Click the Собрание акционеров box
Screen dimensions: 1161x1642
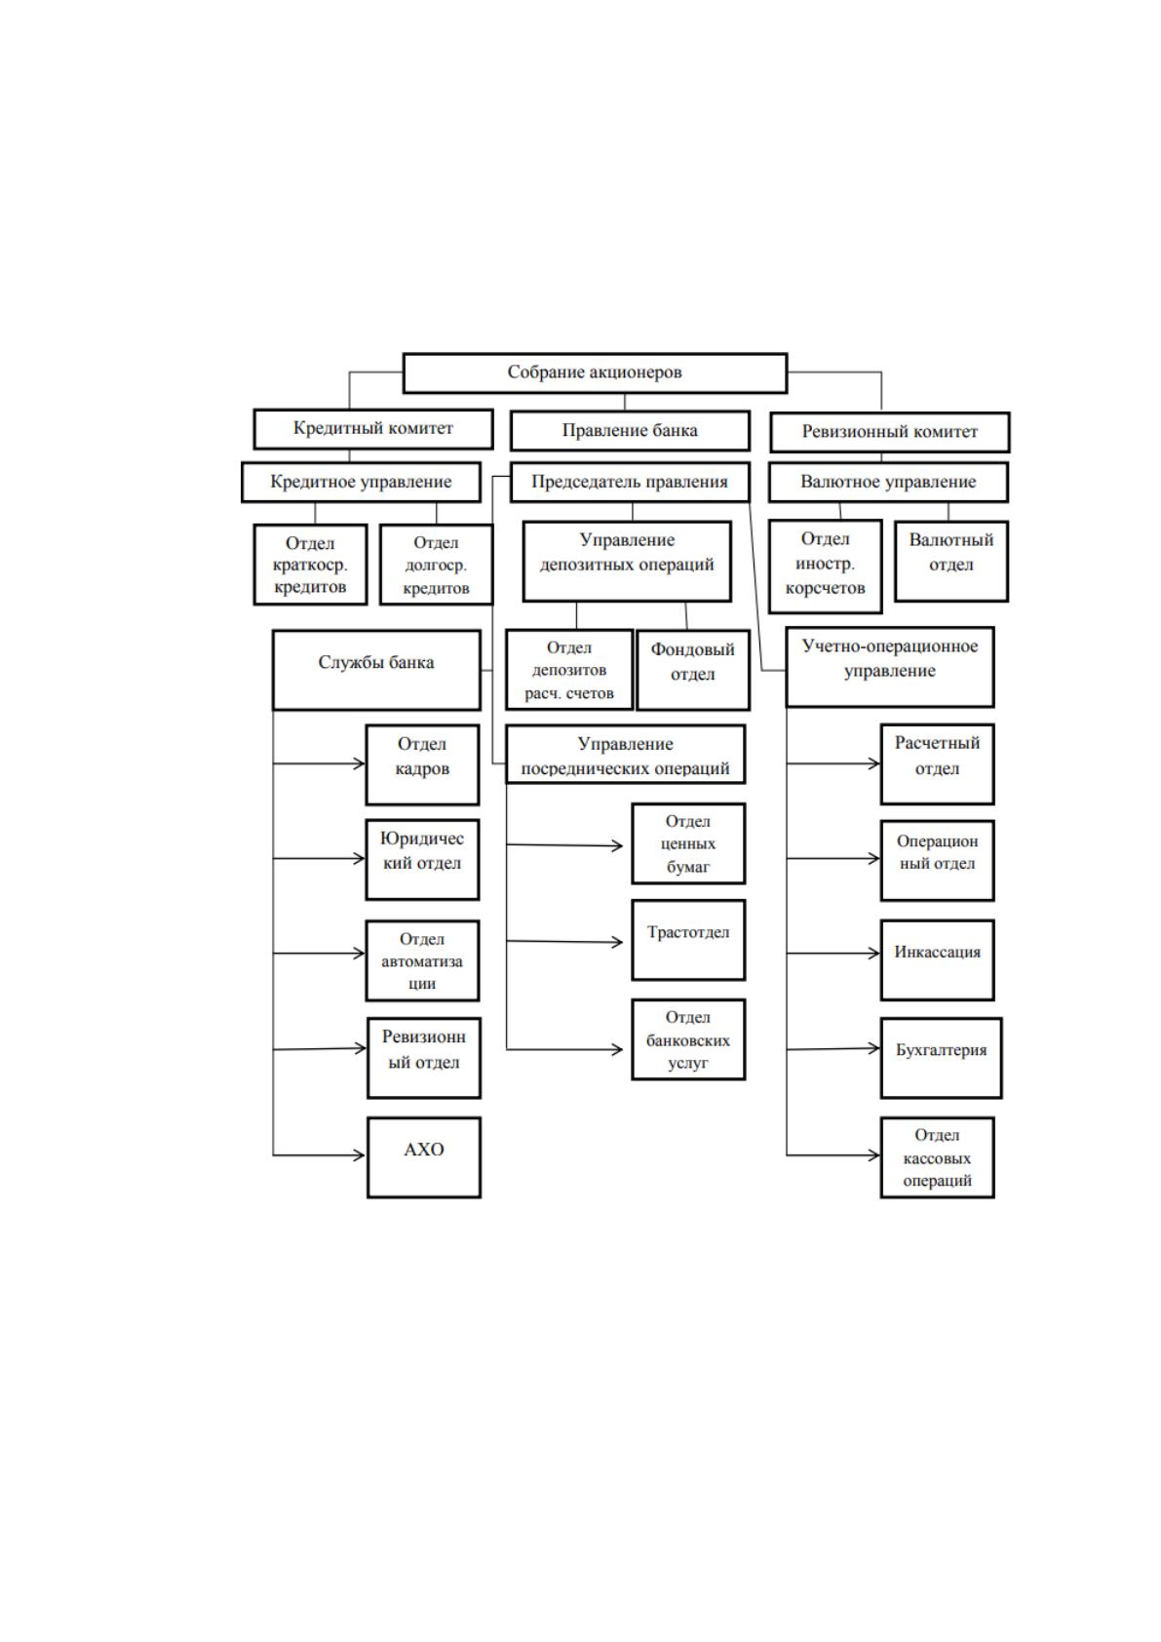(x=595, y=373)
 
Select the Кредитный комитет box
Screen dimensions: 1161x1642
(x=373, y=429)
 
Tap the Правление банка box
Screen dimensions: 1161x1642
(x=630, y=431)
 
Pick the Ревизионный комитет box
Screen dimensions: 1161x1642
(x=889, y=432)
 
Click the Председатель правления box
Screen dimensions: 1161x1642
(x=630, y=482)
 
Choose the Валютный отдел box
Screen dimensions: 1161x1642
(x=950, y=561)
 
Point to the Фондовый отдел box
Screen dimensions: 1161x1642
(x=693, y=669)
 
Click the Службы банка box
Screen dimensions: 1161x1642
(x=376, y=669)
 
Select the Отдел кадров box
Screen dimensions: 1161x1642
(x=422, y=764)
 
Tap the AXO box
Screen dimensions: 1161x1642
(x=424, y=1157)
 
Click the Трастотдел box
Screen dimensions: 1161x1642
(x=688, y=940)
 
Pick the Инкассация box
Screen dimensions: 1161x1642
(x=938, y=959)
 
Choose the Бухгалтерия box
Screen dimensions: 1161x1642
(x=941, y=1058)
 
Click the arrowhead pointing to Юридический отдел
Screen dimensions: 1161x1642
(x=359, y=858)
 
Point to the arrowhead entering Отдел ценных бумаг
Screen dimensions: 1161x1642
(x=617, y=846)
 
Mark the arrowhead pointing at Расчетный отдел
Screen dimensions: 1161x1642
(x=873, y=763)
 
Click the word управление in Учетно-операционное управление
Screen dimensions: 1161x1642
(x=889, y=672)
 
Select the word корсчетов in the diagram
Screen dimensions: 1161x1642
(x=825, y=589)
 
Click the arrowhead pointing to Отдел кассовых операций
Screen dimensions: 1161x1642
(x=873, y=1155)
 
